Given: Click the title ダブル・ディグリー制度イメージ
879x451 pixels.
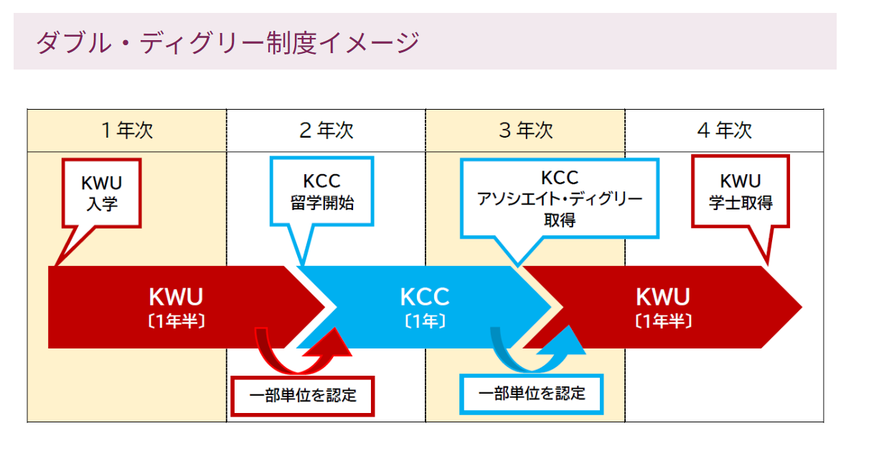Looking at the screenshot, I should tap(227, 42).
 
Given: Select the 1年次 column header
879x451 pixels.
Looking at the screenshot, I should tap(127, 130).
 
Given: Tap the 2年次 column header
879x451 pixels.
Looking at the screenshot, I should tap(326, 130).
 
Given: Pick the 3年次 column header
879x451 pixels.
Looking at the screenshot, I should tap(525, 130).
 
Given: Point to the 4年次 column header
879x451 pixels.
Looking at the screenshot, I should tap(724, 130).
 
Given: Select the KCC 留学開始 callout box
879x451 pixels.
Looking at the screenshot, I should tap(321, 192).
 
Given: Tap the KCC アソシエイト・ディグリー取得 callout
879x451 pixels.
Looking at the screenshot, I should tap(559, 199).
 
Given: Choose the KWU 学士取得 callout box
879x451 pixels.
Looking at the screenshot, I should tap(741, 192).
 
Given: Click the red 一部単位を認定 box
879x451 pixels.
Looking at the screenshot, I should tap(303, 396).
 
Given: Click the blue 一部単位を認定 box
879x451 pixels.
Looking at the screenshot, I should tap(532, 394).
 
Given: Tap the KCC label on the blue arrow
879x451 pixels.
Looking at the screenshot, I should tap(424, 297).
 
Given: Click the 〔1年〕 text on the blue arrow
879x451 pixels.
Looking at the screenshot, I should tap(424, 322).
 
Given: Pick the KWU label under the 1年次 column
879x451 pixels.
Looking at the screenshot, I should tap(177, 297).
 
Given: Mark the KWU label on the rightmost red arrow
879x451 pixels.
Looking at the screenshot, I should tap(663, 297).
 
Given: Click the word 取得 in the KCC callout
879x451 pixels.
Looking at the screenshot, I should tap(560, 220).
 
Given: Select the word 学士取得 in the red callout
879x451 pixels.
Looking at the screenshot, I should tap(741, 203).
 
